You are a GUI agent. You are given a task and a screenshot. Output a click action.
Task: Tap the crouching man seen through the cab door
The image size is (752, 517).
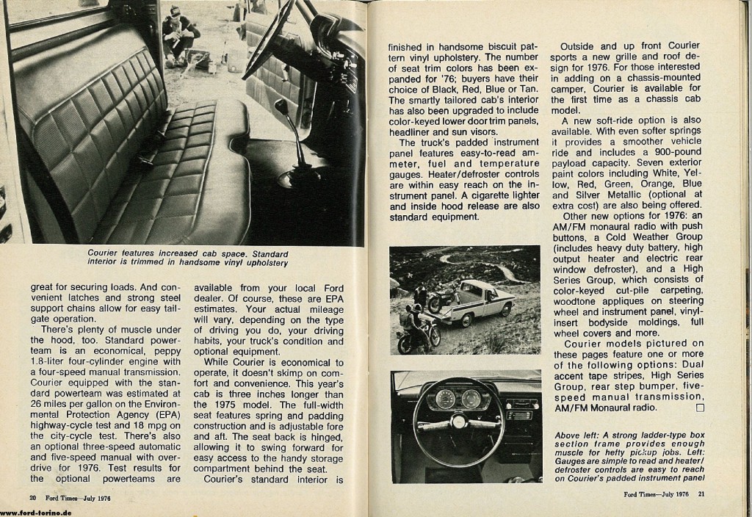[178, 34]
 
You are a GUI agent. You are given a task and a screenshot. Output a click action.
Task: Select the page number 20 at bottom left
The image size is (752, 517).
[34, 497]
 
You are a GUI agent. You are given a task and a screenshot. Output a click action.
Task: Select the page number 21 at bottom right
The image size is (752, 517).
[701, 493]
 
